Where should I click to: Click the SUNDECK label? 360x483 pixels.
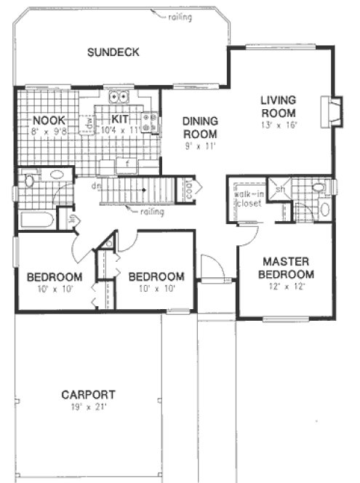[113, 52]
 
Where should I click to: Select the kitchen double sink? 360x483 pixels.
[118, 97]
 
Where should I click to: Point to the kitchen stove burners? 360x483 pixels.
[151, 124]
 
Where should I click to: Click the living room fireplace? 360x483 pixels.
[334, 111]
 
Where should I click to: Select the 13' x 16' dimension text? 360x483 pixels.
[279, 125]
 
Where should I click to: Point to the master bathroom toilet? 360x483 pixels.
[321, 189]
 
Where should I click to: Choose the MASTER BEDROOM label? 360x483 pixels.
[288, 268]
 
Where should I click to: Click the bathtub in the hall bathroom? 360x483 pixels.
[36, 220]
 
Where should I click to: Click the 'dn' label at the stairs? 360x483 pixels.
[95, 186]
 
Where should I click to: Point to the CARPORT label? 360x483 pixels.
[88, 395]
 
